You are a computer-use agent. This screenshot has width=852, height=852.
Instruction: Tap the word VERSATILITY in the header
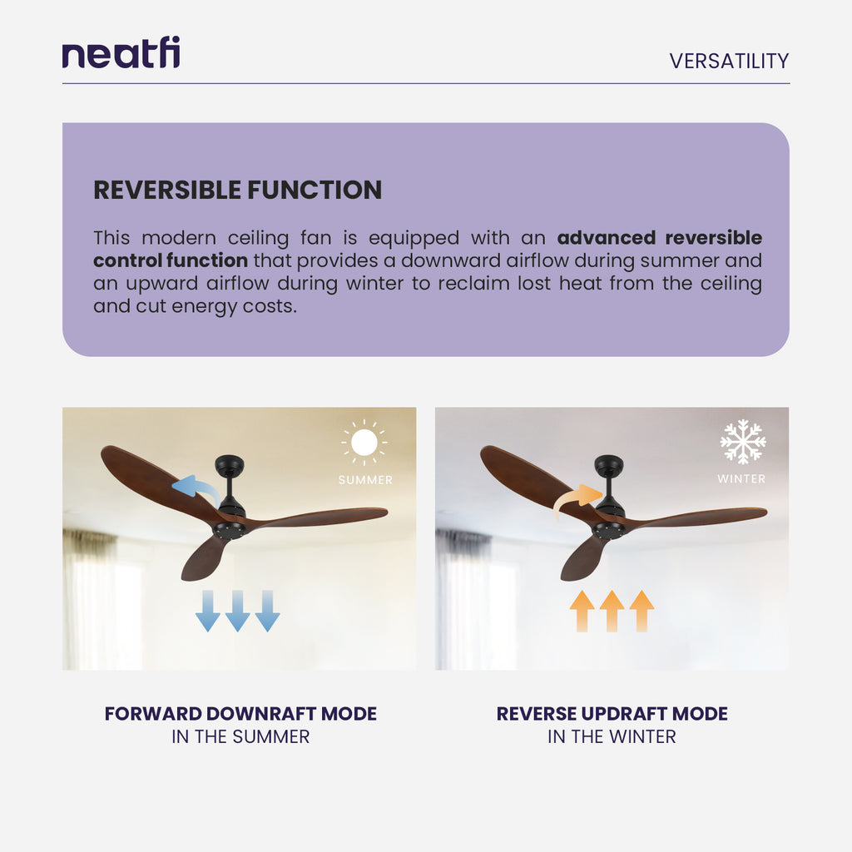coord(729,61)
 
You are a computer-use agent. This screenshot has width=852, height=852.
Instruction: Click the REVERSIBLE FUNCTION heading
coord(237,190)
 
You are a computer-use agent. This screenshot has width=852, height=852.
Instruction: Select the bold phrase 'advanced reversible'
coord(659,238)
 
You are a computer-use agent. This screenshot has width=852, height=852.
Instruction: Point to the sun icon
coord(364,443)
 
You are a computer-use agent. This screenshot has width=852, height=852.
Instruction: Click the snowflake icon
coord(742,442)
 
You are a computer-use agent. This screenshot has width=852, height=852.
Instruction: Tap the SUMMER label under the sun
coord(365,480)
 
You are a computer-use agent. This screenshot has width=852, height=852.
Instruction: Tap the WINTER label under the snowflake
coord(741,479)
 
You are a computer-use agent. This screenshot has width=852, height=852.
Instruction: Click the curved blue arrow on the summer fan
coord(195,488)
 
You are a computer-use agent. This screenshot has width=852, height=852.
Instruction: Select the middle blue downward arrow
coord(237,611)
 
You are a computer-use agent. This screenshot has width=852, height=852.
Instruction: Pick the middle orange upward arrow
coord(612,611)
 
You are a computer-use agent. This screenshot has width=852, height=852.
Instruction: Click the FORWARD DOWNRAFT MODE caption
coord(240,714)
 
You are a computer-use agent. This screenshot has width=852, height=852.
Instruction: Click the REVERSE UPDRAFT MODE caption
coord(612,714)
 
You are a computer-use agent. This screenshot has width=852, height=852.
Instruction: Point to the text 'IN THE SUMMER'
coord(240,737)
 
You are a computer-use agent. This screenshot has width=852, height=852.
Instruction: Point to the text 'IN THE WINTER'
coord(612,737)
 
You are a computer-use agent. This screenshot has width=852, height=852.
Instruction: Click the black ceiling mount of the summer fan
coord(229,466)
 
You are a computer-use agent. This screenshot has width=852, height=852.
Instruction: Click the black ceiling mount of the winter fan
coord(609,466)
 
